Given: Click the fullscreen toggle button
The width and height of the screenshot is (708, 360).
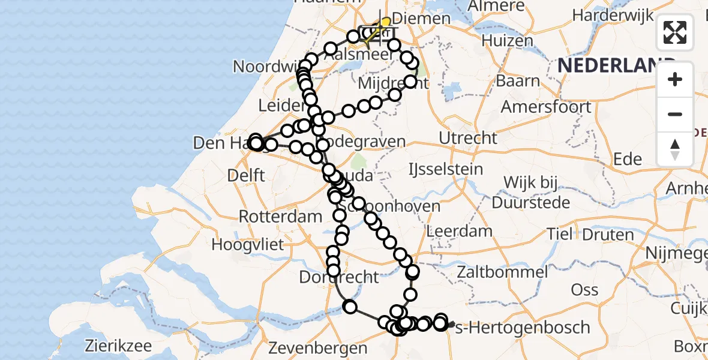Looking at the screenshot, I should pyautogui.click(x=675, y=32).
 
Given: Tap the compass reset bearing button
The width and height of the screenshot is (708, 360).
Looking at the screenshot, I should pyautogui.click(x=675, y=149).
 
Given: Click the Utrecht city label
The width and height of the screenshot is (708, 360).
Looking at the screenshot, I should pyautogui.click(x=468, y=138).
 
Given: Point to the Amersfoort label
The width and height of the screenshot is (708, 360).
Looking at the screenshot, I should pyautogui.click(x=546, y=108).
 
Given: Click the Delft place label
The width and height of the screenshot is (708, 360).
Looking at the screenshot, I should pyautogui.click(x=247, y=175).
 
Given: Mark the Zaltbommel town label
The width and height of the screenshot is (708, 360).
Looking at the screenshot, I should pyautogui.click(x=502, y=272).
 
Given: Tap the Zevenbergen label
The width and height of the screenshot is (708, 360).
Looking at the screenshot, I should pyautogui.click(x=317, y=348).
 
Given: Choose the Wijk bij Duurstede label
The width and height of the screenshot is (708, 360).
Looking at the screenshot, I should pyautogui.click(x=531, y=192).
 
